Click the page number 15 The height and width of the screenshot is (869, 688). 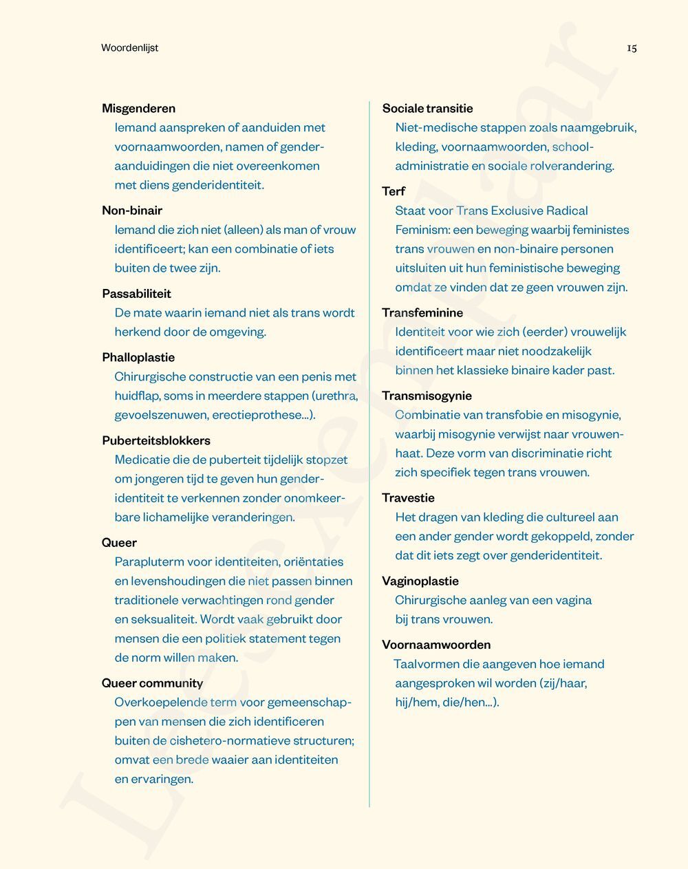(x=632, y=47)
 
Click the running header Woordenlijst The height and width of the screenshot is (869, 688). (x=129, y=47)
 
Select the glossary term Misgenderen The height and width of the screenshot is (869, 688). (x=138, y=108)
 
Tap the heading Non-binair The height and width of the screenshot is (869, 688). (x=132, y=210)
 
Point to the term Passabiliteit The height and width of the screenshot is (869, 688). (x=136, y=293)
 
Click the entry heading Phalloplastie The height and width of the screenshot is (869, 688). (x=138, y=357)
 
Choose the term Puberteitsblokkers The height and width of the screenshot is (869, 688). (x=156, y=440)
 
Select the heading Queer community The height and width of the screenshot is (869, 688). (x=152, y=683)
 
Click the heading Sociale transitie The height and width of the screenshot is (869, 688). (x=427, y=108)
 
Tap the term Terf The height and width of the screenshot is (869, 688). (x=394, y=191)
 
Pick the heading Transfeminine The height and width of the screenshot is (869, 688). (x=422, y=312)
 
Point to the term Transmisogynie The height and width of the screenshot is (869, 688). (x=427, y=396)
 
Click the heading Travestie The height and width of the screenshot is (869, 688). (x=408, y=497)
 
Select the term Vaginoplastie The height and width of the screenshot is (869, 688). (x=420, y=581)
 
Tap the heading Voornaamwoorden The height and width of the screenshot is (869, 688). (x=436, y=645)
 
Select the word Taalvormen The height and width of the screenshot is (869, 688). (x=427, y=664)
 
